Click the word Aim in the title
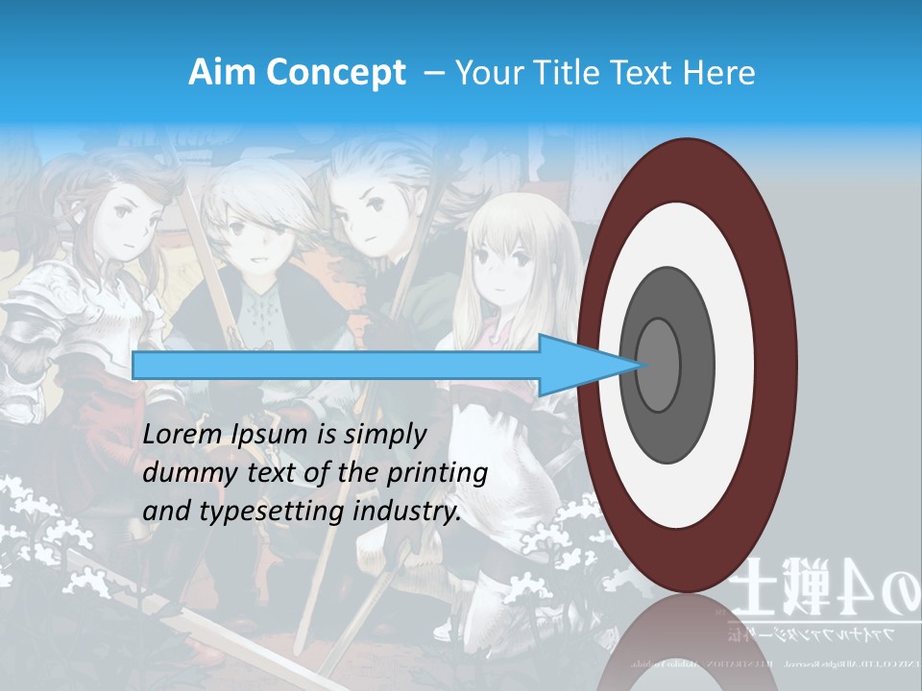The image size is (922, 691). pyautogui.click(x=220, y=73)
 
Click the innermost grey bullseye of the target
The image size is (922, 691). pyautogui.click(x=659, y=365)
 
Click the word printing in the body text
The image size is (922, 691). pyautogui.click(x=437, y=474)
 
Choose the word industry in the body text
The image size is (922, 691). pyautogui.click(x=406, y=512)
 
